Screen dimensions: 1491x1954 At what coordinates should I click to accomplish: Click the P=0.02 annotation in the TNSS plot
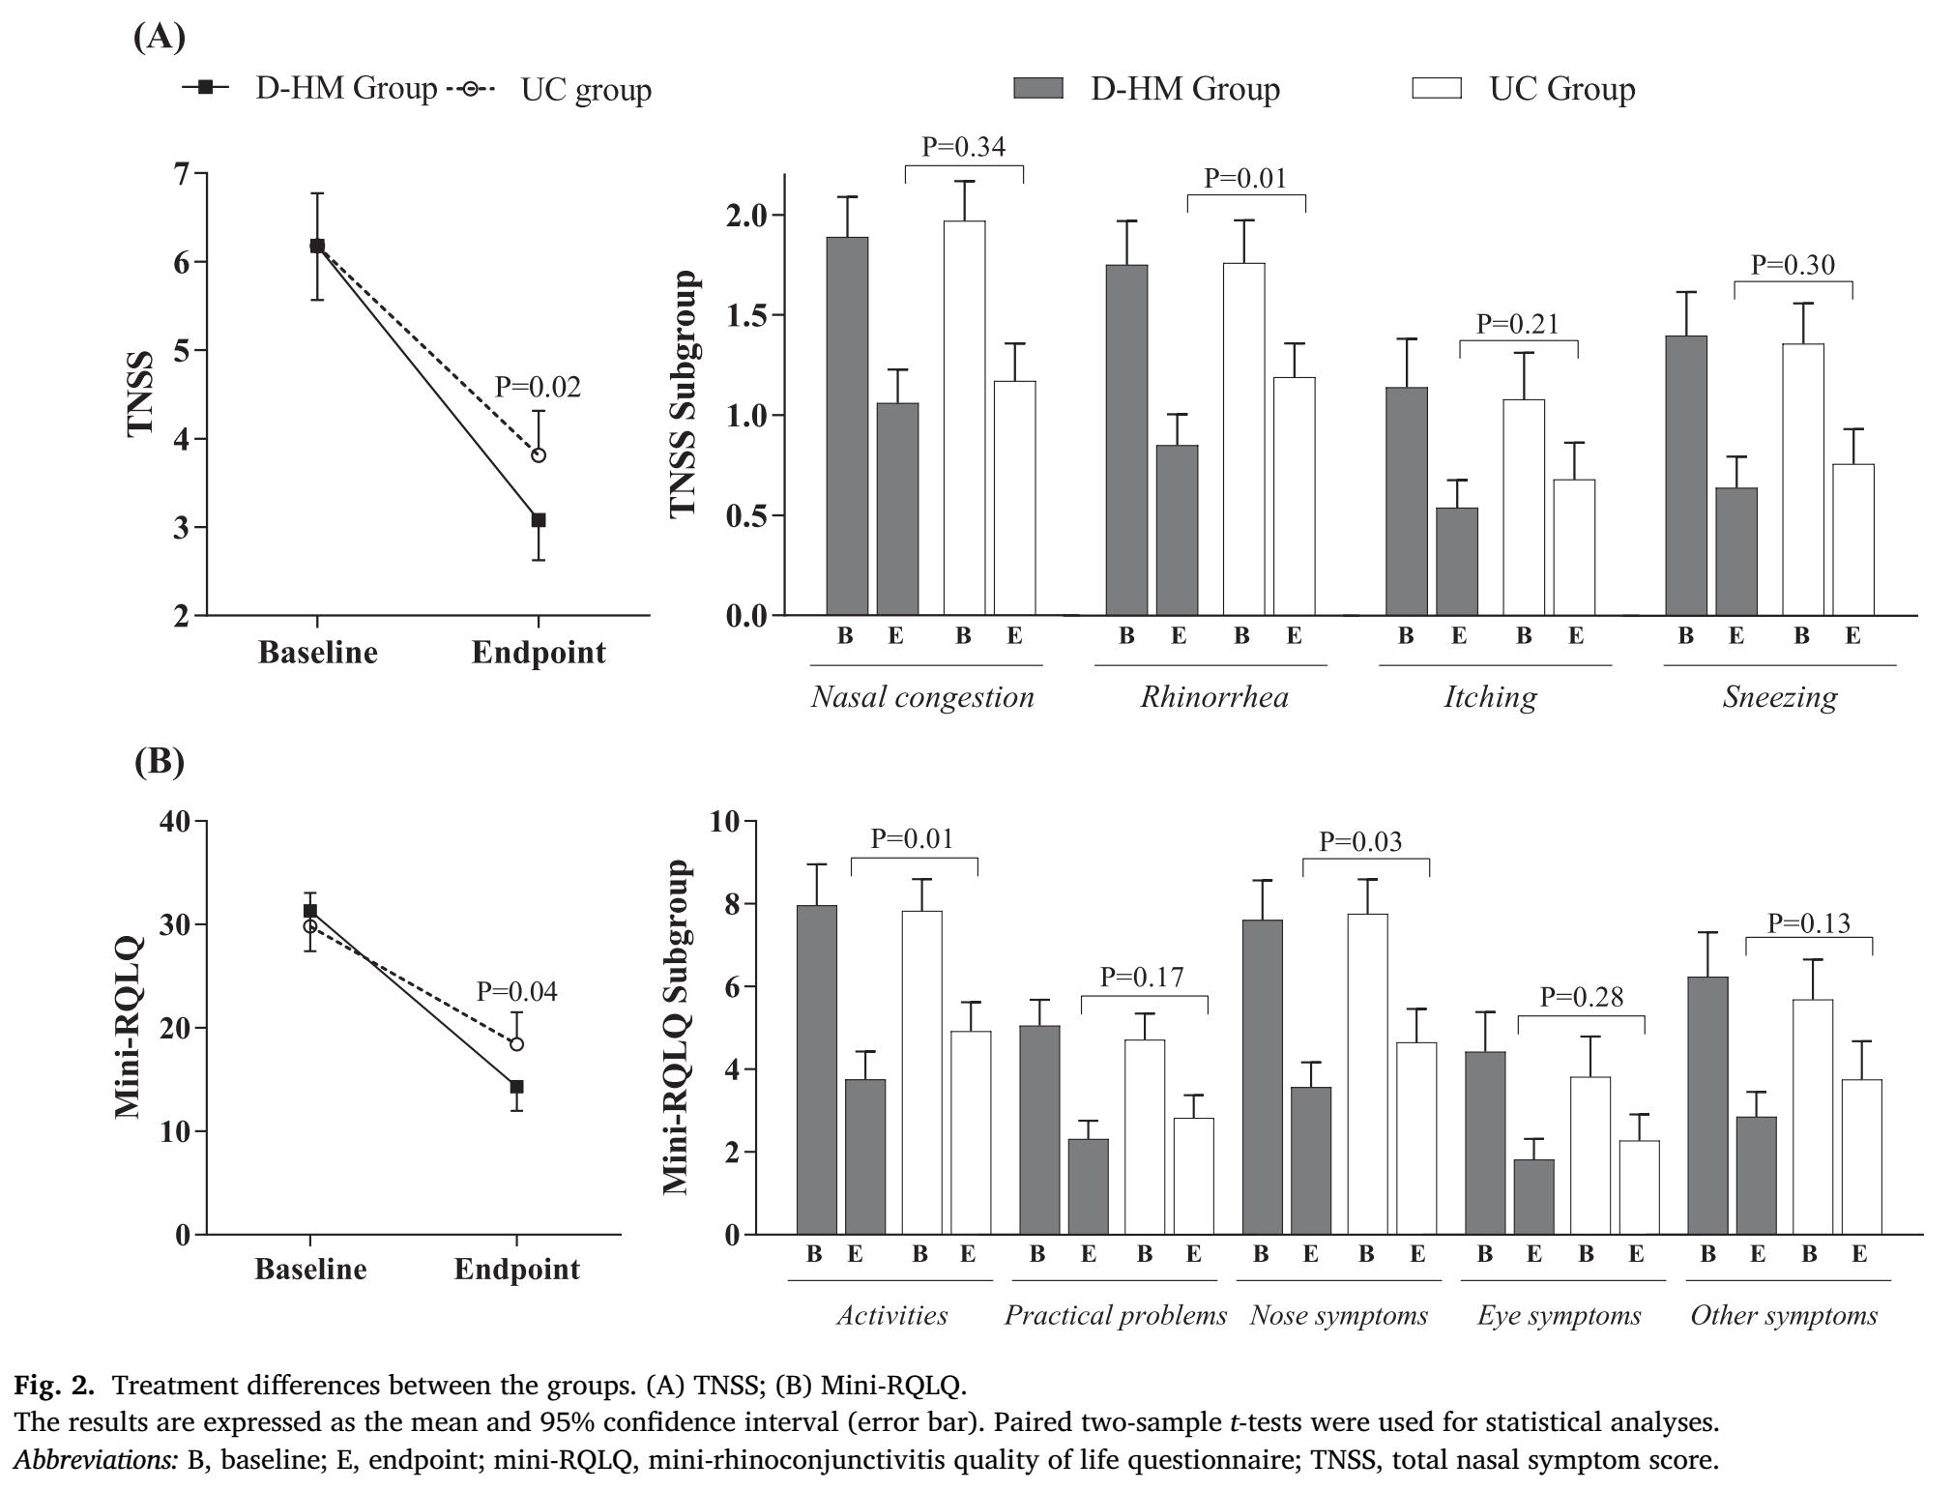coord(538,388)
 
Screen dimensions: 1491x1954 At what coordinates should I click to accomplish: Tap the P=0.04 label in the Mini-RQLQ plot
coord(516,992)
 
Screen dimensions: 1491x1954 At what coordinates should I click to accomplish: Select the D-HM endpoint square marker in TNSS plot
coord(539,520)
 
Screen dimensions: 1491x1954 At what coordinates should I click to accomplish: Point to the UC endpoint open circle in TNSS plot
coord(539,455)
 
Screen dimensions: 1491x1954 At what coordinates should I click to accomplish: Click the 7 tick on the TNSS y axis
coord(182,174)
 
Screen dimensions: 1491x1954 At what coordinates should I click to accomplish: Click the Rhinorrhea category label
coord(1213,698)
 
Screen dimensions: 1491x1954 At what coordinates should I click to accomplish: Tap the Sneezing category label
coord(1779,698)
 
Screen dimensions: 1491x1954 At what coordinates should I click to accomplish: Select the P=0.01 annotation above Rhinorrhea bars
coord(1245,179)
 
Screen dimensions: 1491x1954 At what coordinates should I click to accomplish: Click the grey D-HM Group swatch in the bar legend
coord(1037,89)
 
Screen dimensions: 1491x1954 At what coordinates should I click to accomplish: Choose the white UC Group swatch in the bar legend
coord(1436,89)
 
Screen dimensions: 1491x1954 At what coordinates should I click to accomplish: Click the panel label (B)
coord(159,761)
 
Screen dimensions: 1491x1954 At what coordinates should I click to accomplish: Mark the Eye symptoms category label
coord(1559,1316)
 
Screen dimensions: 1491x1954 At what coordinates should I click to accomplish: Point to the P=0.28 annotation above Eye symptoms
coord(1581,997)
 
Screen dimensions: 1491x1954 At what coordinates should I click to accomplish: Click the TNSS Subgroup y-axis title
coord(684,394)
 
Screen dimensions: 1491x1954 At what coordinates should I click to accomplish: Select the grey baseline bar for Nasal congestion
coord(847,425)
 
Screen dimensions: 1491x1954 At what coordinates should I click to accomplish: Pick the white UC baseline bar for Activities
coord(921,1072)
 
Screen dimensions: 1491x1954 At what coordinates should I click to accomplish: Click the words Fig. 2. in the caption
coord(54,1386)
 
